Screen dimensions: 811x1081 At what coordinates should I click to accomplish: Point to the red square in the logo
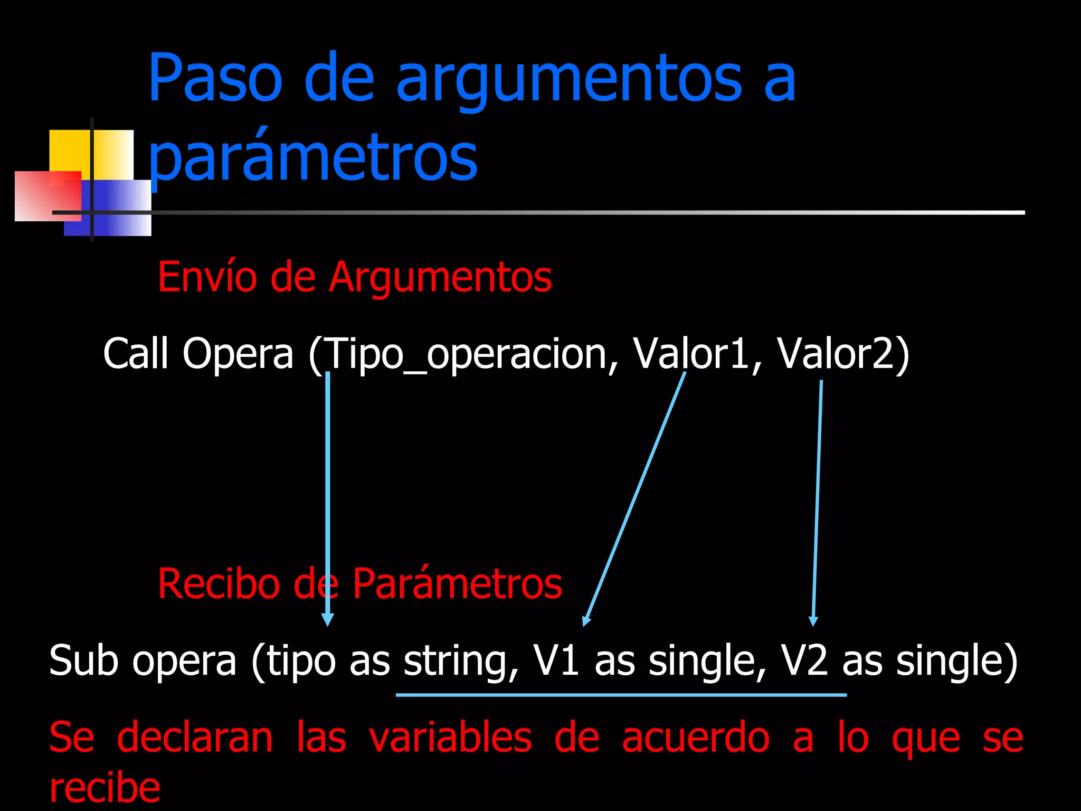[x=48, y=195]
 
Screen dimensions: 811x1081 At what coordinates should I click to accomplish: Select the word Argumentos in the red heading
[x=440, y=278]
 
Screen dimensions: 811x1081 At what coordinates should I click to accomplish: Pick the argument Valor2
[x=842, y=353]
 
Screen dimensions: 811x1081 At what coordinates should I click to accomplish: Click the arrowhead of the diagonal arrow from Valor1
[x=585, y=621]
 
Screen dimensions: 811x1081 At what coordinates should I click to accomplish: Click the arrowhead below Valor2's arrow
[x=813, y=621]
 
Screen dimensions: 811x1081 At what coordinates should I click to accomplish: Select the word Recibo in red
[x=219, y=584]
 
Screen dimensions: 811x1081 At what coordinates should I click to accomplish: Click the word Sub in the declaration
[x=83, y=660]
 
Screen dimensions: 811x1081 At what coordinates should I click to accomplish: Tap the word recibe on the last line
[x=105, y=788]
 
